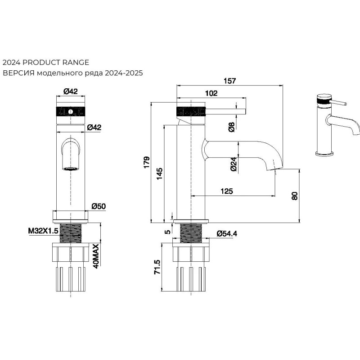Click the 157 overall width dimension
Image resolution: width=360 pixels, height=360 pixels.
(x=229, y=81)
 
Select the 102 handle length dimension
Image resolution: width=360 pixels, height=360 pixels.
(x=211, y=93)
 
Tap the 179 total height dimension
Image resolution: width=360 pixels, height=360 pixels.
(x=147, y=162)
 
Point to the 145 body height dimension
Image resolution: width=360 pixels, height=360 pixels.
(x=160, y=174)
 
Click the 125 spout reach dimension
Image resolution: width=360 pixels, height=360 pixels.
(x=227, y=191)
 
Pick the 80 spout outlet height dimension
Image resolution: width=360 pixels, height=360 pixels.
(x=295, y=196)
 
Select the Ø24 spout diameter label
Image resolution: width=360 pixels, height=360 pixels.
(x=233, y=164)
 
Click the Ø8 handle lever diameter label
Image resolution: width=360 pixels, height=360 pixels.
(x=231, y=127)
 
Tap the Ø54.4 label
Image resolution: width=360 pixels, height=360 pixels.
(x=227, y=233)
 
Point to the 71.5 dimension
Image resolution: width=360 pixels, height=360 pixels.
(x=157, y=267)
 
